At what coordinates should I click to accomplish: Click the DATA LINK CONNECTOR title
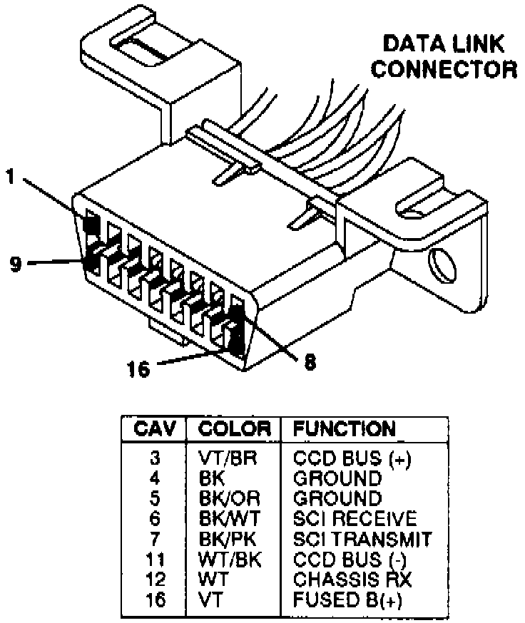click(x=443, y=57)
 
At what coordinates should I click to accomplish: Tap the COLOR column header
click(x=235, y=429)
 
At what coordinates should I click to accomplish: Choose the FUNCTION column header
click(x=345, y=429)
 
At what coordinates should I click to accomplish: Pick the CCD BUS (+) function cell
click(x=352, y=456)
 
